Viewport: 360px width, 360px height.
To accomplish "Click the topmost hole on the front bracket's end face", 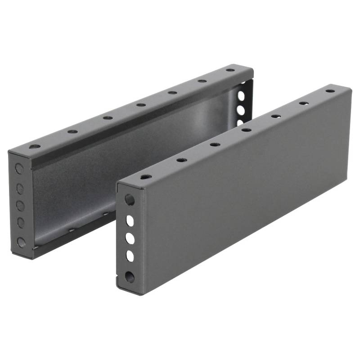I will [x=130, y=199].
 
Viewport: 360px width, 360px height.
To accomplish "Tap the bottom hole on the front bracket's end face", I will [x=130, y=276].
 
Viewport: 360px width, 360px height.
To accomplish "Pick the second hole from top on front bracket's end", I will [x=130, y=220].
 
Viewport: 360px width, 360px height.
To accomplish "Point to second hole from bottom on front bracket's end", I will [x=130, y=256].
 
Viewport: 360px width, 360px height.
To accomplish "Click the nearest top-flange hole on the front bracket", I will [x=145, y=177].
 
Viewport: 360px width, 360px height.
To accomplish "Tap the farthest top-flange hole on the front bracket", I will [x=330, y=91].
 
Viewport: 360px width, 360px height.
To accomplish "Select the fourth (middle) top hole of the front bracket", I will [x=246, y=130].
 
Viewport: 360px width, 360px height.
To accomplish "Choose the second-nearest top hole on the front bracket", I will [x=181, y=160].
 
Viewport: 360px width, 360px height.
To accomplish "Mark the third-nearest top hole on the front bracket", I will [x=215, y=144].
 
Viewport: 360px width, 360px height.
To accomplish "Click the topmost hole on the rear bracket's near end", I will [x=19, y=169].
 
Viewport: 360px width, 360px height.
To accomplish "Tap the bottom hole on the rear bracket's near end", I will [x=21, y=242].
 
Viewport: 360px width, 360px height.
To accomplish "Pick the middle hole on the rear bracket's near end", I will [x=20, y=206].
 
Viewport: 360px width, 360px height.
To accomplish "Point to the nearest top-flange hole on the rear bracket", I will [x=35, y=146].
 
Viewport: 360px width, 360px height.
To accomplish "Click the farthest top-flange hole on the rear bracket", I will [x=230, y=70].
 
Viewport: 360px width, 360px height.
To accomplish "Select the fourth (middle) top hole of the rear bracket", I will [x=141, y=105].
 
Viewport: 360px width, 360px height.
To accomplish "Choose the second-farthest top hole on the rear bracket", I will [x=202, y=81].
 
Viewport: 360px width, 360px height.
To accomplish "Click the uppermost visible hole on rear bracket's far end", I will [x=241, y=95].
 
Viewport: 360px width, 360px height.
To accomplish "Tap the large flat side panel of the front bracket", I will [x=243, y=189].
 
